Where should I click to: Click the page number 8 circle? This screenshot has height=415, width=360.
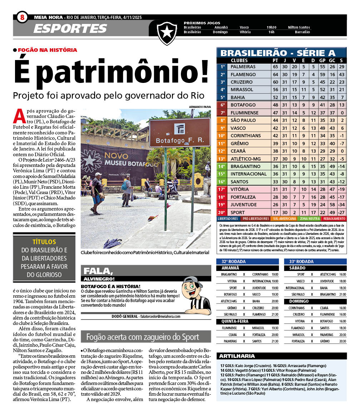click(x=22, y=17)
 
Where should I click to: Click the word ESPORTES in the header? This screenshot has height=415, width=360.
click(x=70, y=29)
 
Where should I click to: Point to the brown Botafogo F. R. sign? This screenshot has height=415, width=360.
click(x=179, y=132)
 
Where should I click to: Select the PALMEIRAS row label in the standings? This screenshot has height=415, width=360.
click(x=243, y=67)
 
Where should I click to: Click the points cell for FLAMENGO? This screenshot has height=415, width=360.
click(x=275, y=74)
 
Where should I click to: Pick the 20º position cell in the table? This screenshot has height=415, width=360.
click(x=222, y=212)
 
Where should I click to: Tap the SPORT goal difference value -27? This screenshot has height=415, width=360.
click(x=341, y=212)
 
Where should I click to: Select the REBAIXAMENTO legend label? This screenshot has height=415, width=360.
click(x=334, y=218)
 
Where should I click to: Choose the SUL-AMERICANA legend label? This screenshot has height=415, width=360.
click(x=285, y=218)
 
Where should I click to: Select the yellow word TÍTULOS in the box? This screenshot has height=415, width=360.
click(x=44, y=242)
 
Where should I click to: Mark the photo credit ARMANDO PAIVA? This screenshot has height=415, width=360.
click(x=200, y=107)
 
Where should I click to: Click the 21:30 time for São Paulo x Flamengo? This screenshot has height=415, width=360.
click(x=275, y=314)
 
